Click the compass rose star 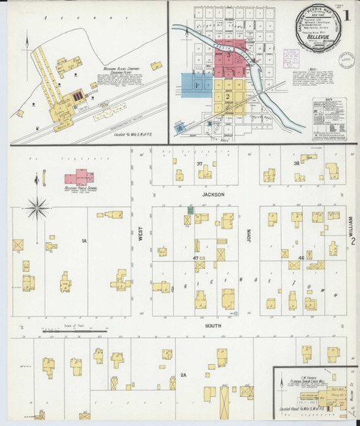click(x=38, y=208)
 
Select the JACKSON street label click(x=212, y=194)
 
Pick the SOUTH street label click(x=212, y=326)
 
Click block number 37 click(x=200, y=164)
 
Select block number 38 click(x=297, y=164)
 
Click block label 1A click(x=83, y=241)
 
